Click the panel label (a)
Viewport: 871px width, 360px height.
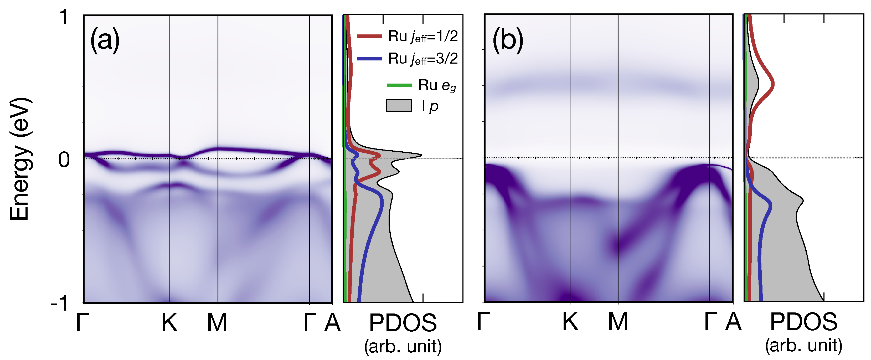(x=105, y=40)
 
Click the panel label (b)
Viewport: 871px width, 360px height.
(x=508, y=40)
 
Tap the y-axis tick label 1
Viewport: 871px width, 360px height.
(x=64, y=17)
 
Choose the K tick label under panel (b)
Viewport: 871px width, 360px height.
(x=570, y=321)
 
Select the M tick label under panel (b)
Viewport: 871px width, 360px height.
(x=618, y=321)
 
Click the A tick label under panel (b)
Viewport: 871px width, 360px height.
(x=733, y=321)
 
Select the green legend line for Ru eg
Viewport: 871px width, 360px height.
(x=399, y=85)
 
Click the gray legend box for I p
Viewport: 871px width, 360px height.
(x=399, y=105)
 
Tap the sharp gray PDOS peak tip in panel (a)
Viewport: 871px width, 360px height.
(x=421, y=155)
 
